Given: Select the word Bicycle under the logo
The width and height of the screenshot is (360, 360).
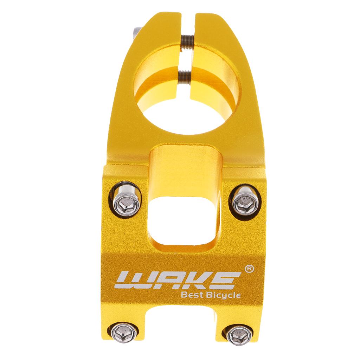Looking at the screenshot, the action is (223, 295).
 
